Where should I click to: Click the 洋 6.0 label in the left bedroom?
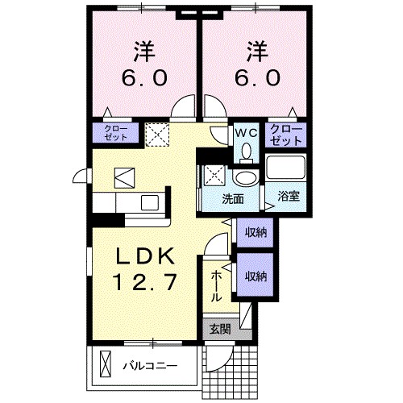click(x=145, y=64)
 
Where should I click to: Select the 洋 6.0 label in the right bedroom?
click(x=258, y=64)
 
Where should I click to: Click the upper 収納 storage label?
click(x=256, y=232)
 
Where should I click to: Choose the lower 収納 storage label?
click(x=256, y=276)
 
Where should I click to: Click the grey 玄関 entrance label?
click(x=220, y=328)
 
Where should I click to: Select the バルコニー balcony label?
click(x=149, y=365)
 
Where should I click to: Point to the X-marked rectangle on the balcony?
click(x=102, y=364)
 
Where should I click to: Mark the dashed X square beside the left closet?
click(x=156, y=133)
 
